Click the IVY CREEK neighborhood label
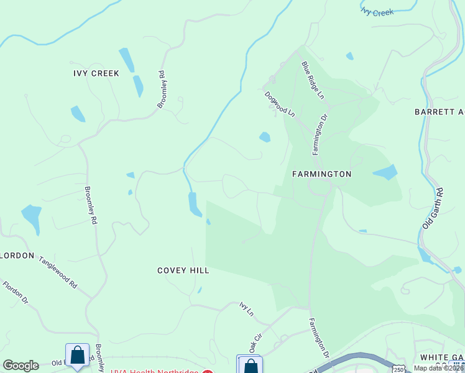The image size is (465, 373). pos(96,73)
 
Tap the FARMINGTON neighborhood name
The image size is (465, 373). pos(321,175)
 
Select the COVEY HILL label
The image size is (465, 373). pos(183,270)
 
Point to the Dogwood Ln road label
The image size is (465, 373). pos(280,104)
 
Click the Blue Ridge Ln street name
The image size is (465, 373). pos(313,80)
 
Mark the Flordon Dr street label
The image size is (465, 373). pos(16,293)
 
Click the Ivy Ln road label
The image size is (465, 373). pos(247,310)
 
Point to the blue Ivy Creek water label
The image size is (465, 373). pos(377,11)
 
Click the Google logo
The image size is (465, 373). pos(21,366)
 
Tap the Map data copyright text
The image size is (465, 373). pos(438,368)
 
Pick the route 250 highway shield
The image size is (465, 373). pos(398,369)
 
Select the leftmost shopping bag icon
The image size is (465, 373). pos(77,356)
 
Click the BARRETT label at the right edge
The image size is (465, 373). pos(439,112)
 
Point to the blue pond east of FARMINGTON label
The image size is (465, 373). pos(386,172)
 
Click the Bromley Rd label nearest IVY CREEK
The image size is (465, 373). pos(161,90)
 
